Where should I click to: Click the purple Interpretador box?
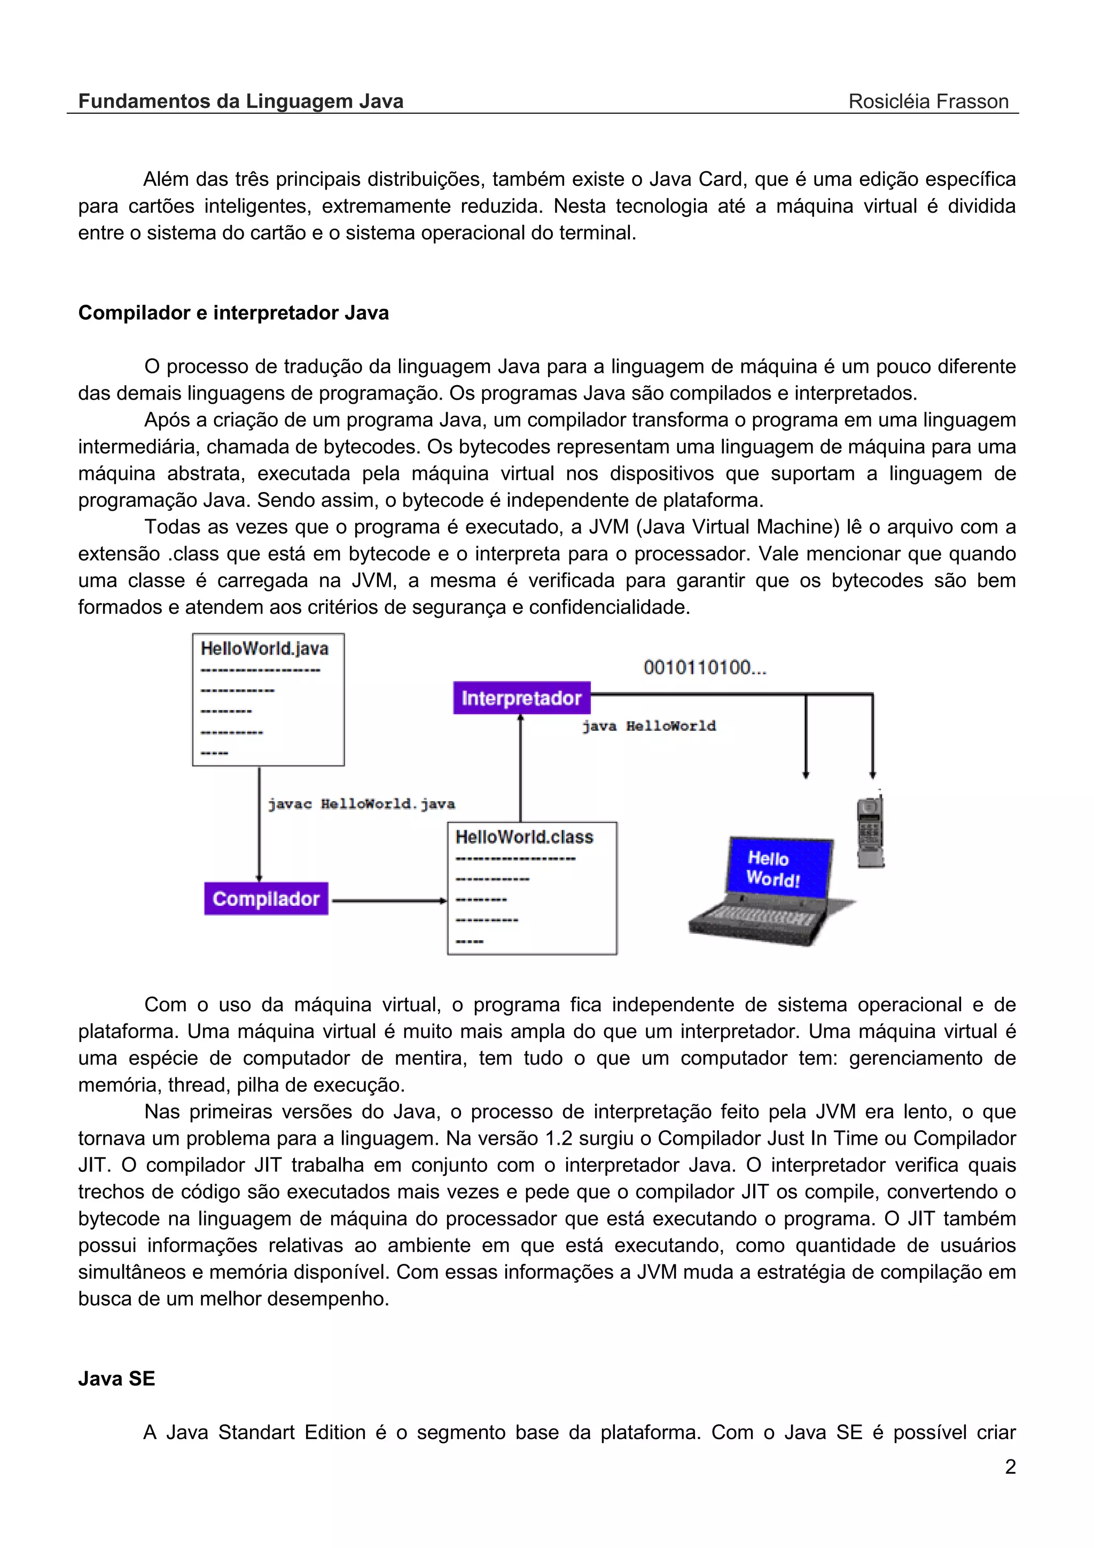pyautogui.click(x=521, y=698)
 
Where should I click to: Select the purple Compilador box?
pyautogui.click(x=266, y=899)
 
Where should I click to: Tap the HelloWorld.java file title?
pyautogui.click(x=264, y=648)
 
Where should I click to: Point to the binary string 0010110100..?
pyautogui.click(x=705, y=668)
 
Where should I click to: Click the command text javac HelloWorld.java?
pyautogui.click(x=361, y=804)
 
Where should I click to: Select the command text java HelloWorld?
pyautogui.click(x=648, y=726)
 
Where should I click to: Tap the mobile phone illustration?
pyautogui.click(x=870, y=833)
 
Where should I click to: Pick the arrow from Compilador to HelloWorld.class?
pyautogui.click(x=389, y=901)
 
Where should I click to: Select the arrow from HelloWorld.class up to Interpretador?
pyautogui.click(x=520, y=769)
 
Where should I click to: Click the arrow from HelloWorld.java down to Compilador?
pyautogui.click(x=259, y=823)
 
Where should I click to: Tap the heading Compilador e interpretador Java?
pyautogui.click(x=233, y=313)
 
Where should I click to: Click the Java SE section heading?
pyautogui.click(x=116, y=1379)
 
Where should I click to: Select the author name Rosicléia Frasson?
pyautogui.click(x=928, y=101)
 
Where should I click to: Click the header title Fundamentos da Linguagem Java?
pyautogui.click(x=240, y=101)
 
